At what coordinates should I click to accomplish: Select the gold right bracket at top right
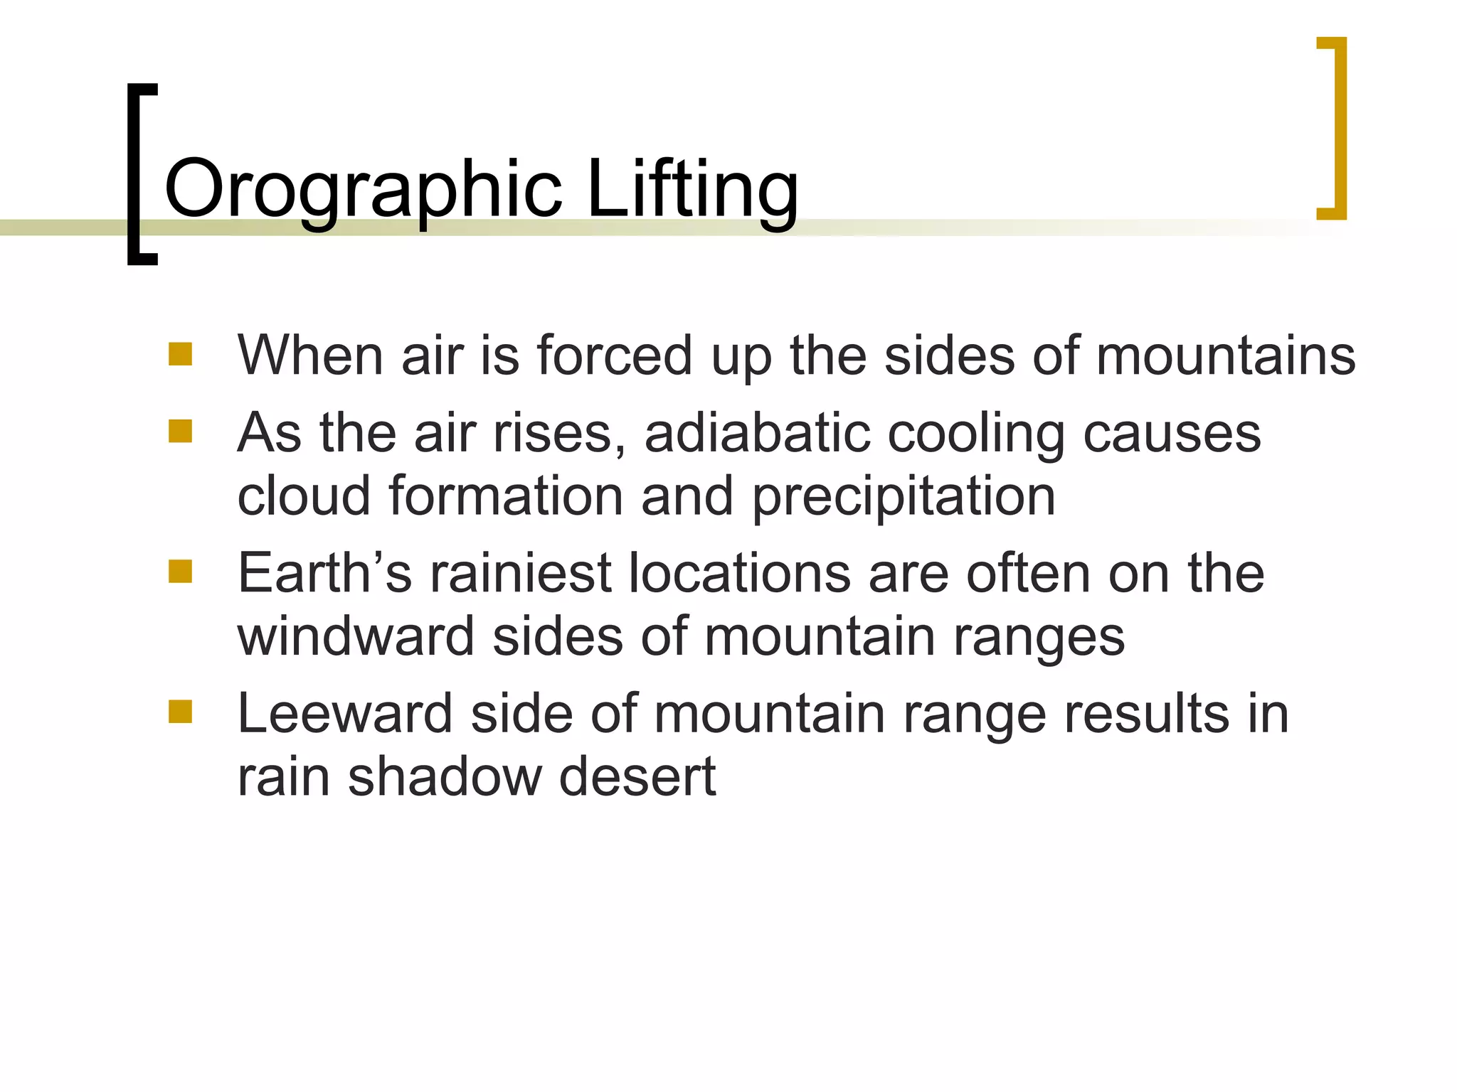[1339, 128]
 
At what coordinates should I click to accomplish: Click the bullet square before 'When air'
[180, 354]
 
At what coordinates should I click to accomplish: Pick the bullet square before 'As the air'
[180, 431]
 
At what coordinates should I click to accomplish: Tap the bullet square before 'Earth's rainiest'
[180, 572]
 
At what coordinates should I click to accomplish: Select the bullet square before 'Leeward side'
[180, 712]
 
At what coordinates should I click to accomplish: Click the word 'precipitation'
[904, 496]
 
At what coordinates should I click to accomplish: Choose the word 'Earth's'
[324, 573]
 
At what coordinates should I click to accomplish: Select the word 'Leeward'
[344, 713]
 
